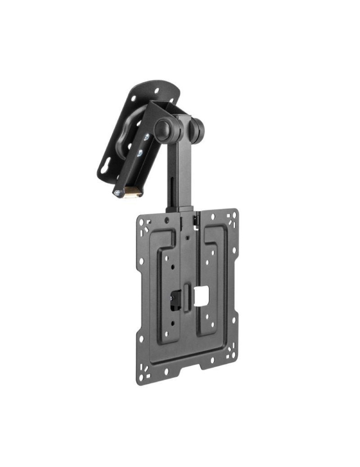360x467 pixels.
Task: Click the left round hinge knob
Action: [x=164, y=129]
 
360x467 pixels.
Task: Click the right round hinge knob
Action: [x=198, y=129]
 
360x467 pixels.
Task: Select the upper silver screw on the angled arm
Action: [x=146, y=137]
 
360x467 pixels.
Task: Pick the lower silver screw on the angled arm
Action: [x=139, y=152]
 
